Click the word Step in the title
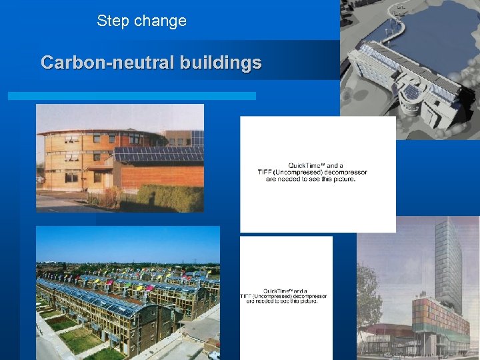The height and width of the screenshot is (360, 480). coord(113,21)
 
